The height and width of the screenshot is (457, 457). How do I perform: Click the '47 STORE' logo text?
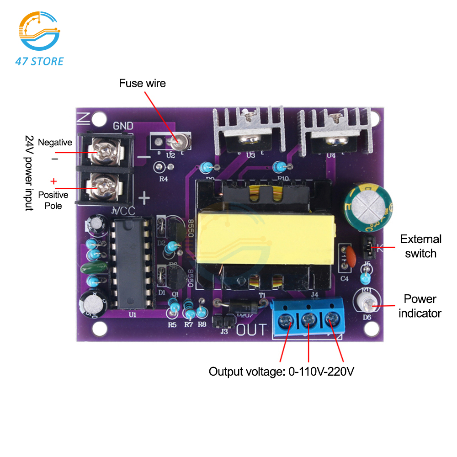click(x=39, y=61)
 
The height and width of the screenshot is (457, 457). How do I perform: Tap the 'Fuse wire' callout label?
click(x=142, y=83)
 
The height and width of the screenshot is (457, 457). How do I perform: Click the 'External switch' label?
click(x=420, y=246)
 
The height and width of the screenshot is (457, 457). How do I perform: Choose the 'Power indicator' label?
click(x=420, y=306)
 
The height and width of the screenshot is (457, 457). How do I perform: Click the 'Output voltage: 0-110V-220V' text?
click(x=282, y=372)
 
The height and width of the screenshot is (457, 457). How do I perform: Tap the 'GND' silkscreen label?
click(x=123, y=126)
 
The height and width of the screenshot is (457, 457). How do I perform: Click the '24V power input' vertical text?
click(x=29, y=173)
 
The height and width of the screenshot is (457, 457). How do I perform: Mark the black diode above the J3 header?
click(x=237, y=304)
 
